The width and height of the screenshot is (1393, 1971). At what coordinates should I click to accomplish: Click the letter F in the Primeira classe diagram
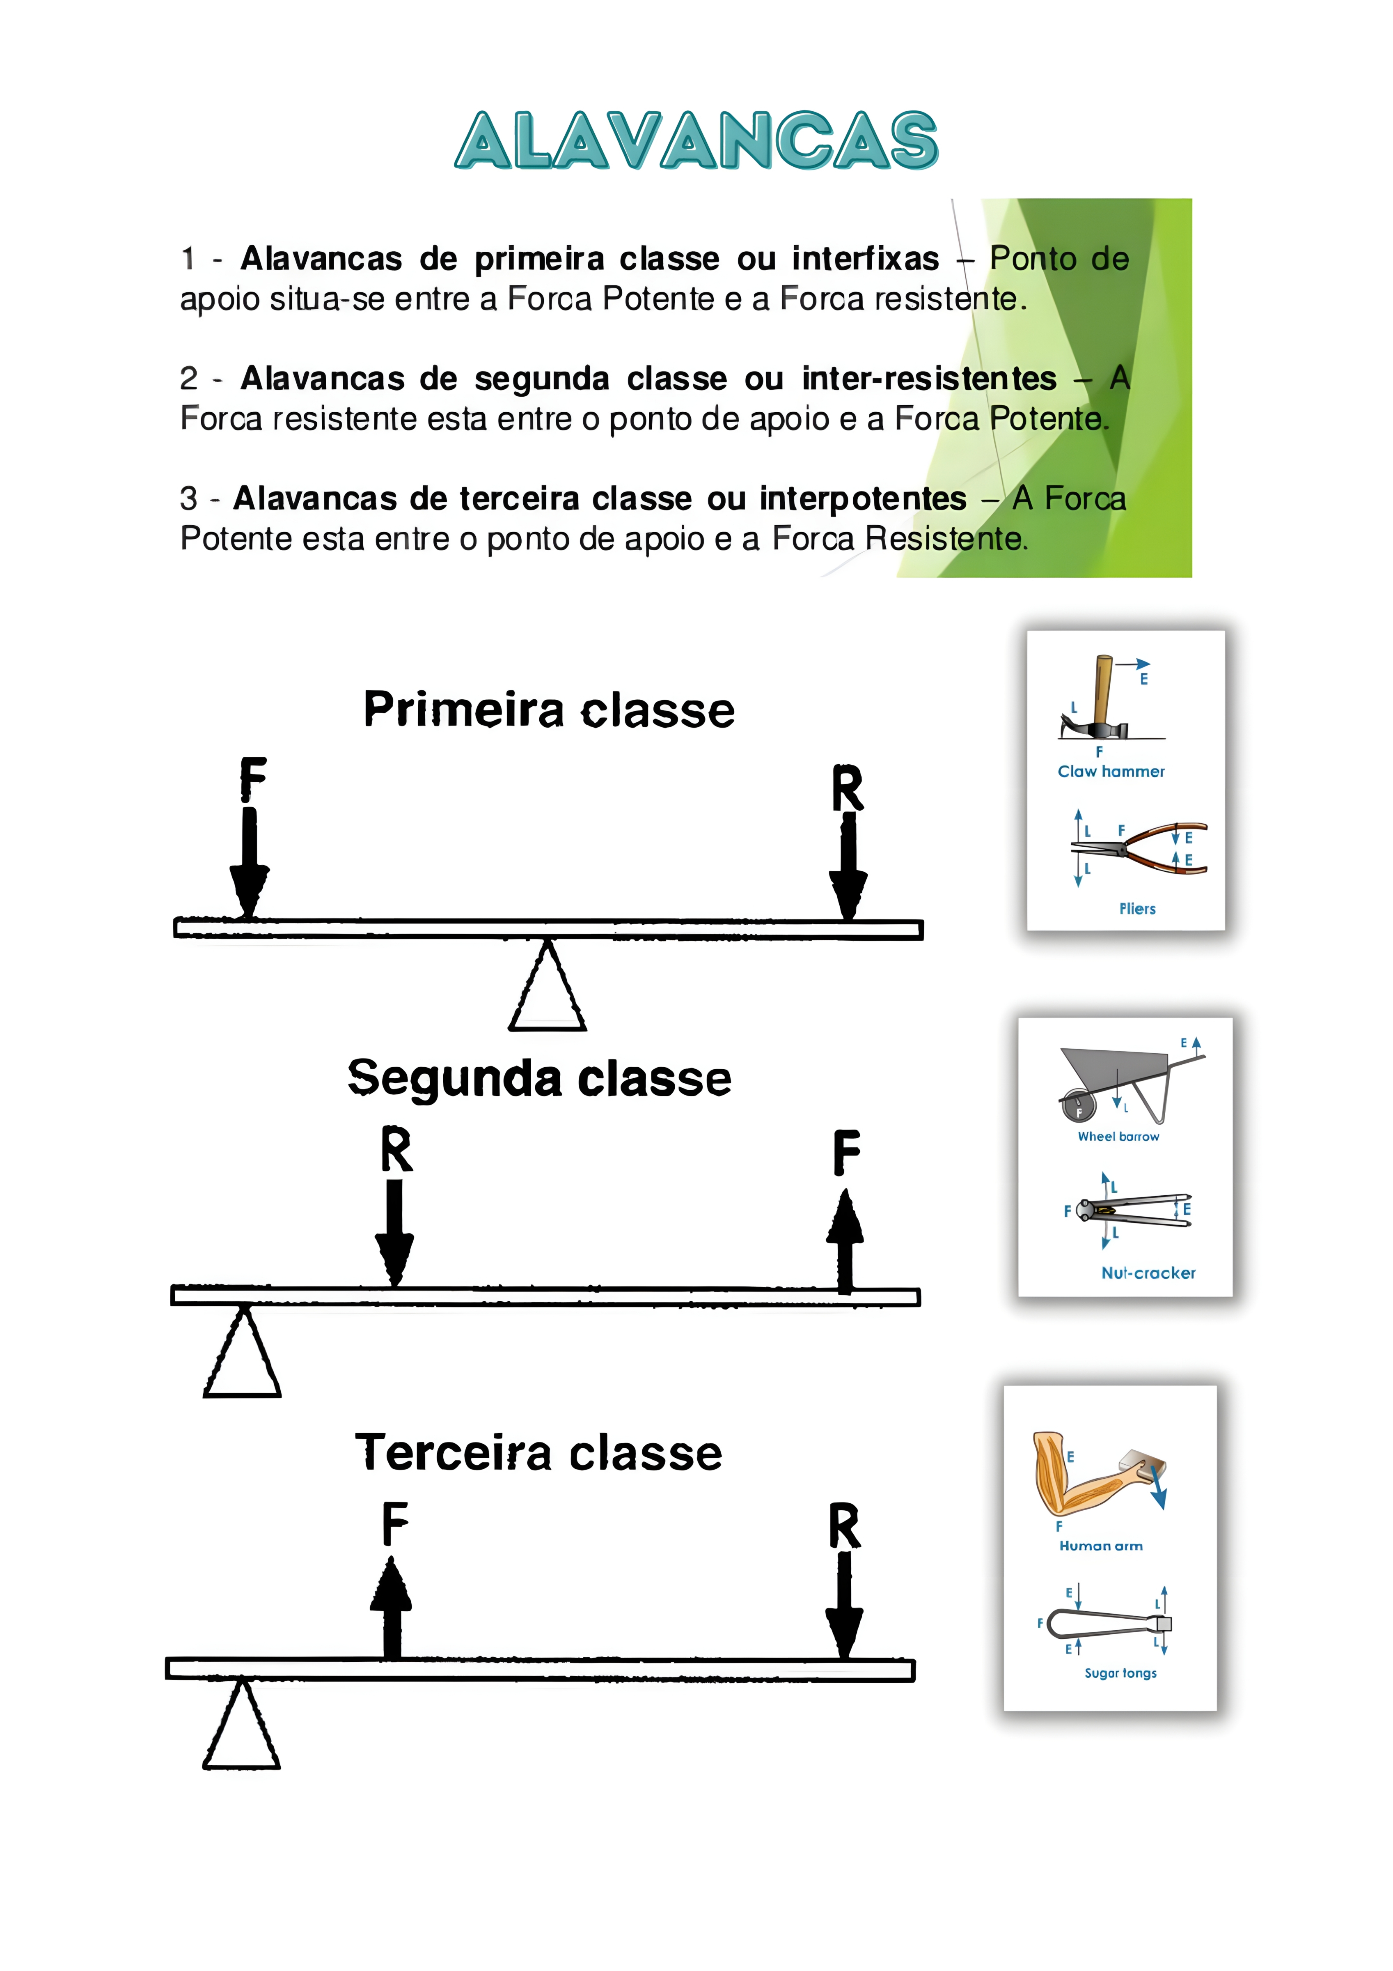tap(252, 779)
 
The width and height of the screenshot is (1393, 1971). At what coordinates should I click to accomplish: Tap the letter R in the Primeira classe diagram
tap(847, 788)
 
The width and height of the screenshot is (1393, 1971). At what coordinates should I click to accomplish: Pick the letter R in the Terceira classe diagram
tap(845, 1525)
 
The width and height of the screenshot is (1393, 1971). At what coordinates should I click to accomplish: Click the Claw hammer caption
tap(1111, 772)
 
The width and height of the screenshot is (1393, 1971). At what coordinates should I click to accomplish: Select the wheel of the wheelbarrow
tap(1078, 1107)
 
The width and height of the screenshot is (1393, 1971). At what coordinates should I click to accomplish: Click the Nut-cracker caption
tap(1148, 1273)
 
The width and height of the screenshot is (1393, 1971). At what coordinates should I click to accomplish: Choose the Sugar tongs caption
tap(1120, 1673)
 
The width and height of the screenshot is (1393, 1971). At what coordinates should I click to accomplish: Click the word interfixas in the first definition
tap(865, 258)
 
